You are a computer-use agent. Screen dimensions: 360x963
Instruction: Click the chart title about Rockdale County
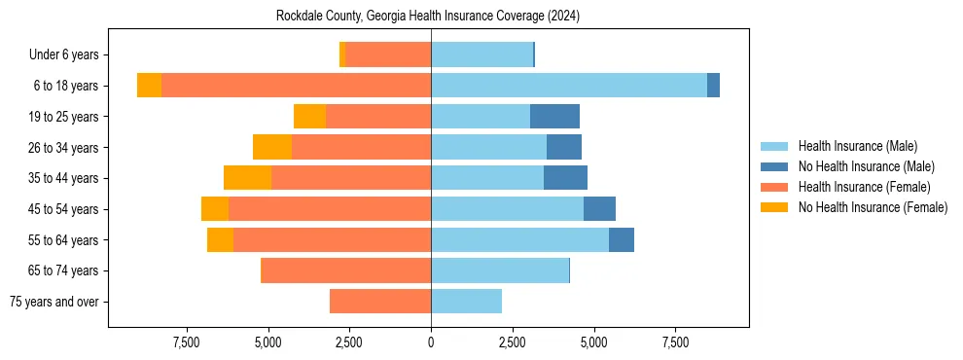428,16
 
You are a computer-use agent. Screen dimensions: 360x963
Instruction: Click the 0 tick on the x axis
431,342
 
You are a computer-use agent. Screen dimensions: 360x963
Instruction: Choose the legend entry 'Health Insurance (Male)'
856,146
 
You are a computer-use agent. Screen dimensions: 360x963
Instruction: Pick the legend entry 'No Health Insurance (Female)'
872,207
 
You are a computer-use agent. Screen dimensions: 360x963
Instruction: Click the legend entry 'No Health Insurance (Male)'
864,166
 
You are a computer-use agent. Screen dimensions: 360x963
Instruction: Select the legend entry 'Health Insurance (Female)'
864,187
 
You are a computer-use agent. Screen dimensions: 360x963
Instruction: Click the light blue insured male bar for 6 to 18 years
569,86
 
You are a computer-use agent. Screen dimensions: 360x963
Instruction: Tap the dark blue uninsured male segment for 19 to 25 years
554,117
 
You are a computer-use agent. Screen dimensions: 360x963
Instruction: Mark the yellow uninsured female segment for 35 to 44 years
247,178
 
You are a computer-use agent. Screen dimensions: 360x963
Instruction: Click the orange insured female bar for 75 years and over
380,302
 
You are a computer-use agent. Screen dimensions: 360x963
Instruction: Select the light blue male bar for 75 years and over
466,302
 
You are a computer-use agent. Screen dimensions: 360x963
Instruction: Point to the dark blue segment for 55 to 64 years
622,239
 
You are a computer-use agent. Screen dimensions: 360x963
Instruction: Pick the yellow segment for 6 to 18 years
149,86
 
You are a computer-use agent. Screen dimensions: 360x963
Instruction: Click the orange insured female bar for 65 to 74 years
345,270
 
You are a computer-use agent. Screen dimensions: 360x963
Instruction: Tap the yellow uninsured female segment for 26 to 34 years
272,147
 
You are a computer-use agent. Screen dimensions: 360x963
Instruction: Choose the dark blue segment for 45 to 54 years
599,209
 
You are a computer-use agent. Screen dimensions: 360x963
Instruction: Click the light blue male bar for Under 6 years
481,55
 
